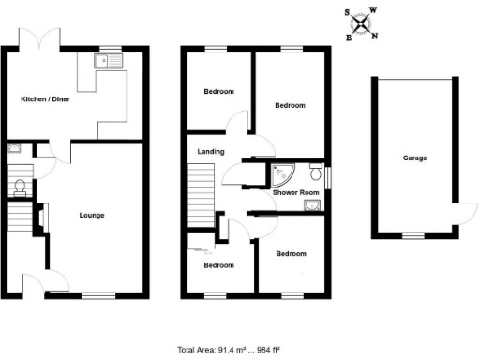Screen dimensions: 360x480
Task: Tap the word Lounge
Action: (x=92, y=215)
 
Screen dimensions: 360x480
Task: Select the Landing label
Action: (x=210, y=150)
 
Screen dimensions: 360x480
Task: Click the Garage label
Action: (x=415, y=157)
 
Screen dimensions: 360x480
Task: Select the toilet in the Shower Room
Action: (x=317, y=173)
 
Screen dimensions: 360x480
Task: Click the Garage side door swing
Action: (x=461, y=214)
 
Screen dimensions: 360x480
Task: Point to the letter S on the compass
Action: (x=347, y=13)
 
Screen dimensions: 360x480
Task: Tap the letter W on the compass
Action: (x=373, y=9)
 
